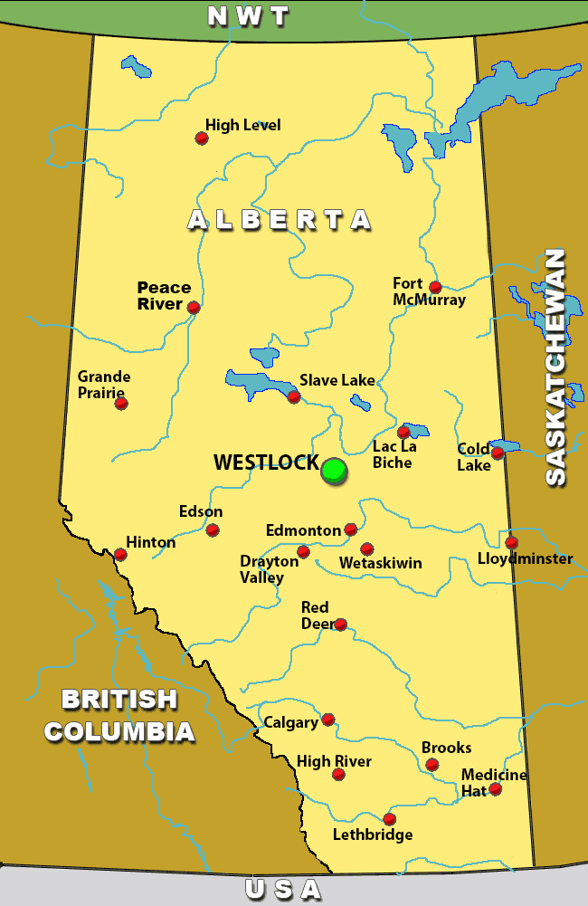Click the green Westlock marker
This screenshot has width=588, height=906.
click(334, 469)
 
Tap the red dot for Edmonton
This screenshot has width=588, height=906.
click(351, 529)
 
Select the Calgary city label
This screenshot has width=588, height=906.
click(290, 722)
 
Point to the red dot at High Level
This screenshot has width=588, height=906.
click(202, 138)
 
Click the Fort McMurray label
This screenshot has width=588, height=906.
click(429, 291)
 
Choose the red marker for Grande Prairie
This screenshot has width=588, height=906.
click(121, 403)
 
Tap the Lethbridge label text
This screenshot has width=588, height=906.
click(373, 834)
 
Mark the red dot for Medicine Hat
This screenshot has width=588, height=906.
click(495, 789)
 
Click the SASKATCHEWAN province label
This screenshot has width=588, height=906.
click(555, 367)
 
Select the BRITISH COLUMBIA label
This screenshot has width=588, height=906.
click(119, 715)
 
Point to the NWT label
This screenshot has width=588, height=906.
click(248, 16)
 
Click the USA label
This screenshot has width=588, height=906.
click(283, 890)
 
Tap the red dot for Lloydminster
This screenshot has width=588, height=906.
click(511, 542)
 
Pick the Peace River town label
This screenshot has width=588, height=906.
click(164, 296)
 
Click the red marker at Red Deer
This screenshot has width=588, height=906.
click(340, 625)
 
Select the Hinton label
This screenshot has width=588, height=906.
click(151, 542)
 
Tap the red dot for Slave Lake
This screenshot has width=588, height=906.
click(293, 396)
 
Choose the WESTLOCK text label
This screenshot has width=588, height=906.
click(266, 463)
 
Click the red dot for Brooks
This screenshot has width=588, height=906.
click(432, 765)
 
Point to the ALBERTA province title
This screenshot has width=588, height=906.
click(280, 219)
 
